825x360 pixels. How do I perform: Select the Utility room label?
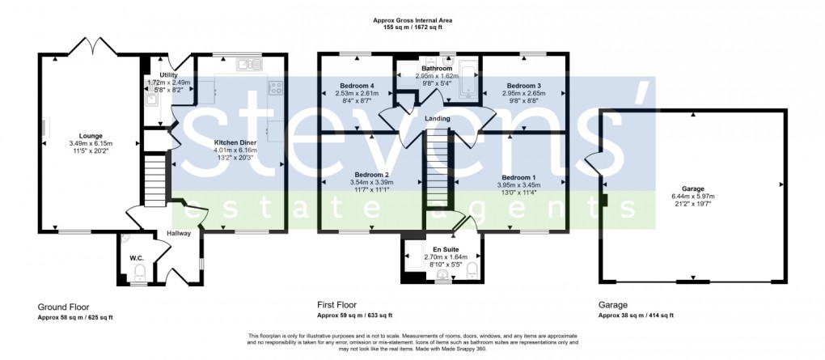pyautogui.click(x=168, y=75)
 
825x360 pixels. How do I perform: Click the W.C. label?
pyautogui.click(x=135, y=258)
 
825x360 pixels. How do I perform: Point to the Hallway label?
pyautogui.click(x=178, y=233)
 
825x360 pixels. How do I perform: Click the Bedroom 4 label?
pyautogui.click(x=356, y=85)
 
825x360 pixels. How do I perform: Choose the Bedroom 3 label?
pyautogui.click(x=523, y=85)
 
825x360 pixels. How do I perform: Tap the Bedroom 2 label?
pyautogui.click(x=371, y=176)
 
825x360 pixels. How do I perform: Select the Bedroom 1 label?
pyautogui.click(x=518, y=177)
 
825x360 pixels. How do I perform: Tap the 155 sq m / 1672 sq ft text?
pyautogui.click(x=412, y=28)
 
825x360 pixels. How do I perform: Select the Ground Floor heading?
pyautogui.click(x=63, y=307)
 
